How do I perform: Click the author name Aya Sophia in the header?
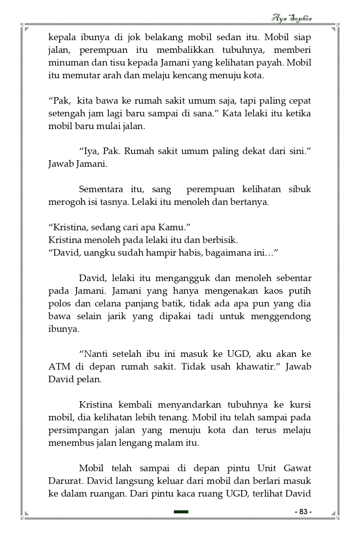pyautogui.click(x=292, y=18)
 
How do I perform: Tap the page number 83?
pyautogui.click(x=303, y=512)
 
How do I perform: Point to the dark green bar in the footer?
pyautogui.click(x=181, y=512)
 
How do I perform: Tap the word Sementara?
pyautogui.click(x=101, y=189)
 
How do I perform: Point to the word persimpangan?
pyautogui.click(x=78, y=431)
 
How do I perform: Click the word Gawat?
pyautogui.click(x=298, y=468)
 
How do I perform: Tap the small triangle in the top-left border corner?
pyautogui.click(x=27, y=29)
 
